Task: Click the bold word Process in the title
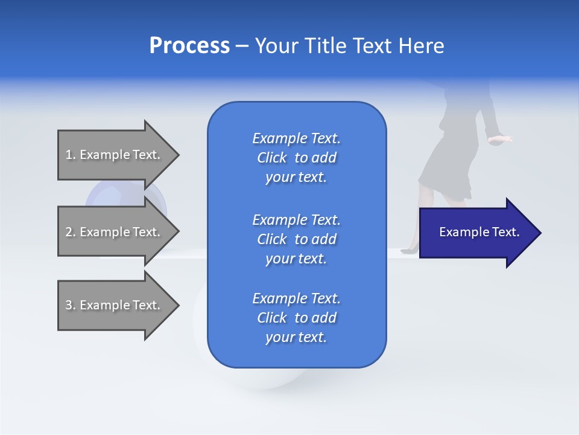(x=189, y=46)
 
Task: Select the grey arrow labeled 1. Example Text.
(x=115, y=155)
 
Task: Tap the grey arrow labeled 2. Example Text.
(x=115, y=232)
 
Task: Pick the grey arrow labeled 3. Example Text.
(x=115, y=305)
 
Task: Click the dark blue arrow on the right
(x=476, y=233)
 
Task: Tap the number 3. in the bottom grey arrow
(x=71, y=305)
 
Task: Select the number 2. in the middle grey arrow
(x=71, y=232)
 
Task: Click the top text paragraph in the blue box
(x=296, y=158)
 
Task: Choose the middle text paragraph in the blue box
(x=296, y=239)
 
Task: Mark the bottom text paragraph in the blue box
(x=296, y=318)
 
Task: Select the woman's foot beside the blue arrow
(x=413, y=246)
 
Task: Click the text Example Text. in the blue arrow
(x=479, y=232)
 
